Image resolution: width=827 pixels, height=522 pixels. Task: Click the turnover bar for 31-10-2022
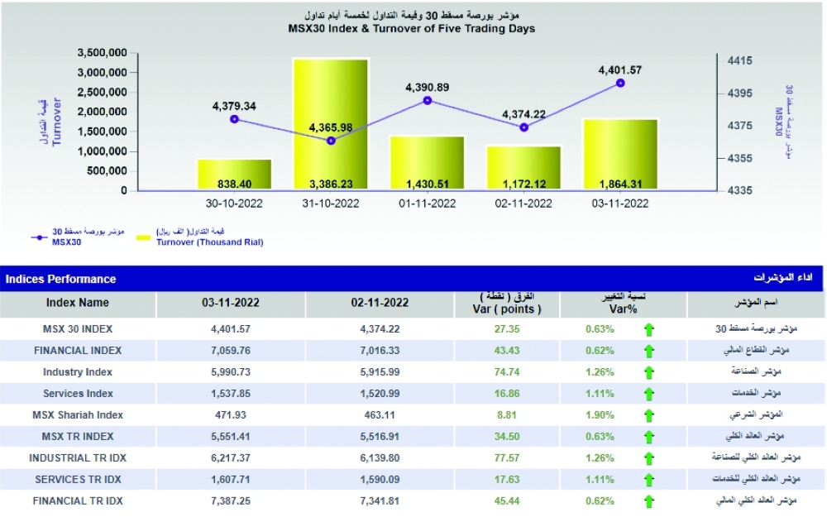point(331,124)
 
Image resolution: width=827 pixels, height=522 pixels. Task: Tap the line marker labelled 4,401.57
point(620,83)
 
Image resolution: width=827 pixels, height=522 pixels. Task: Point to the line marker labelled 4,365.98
point(331,141)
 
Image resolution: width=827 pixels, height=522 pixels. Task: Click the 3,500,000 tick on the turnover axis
point(102,52)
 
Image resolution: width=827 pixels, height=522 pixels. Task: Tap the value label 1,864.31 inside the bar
point(620,184)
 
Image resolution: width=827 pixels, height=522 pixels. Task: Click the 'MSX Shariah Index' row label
point(78,414)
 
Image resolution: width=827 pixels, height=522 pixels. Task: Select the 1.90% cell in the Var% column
point(600,414)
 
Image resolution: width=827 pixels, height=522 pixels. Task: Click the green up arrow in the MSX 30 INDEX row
point(649,329)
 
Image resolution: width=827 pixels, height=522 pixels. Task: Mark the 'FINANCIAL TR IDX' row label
point(78,500)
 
